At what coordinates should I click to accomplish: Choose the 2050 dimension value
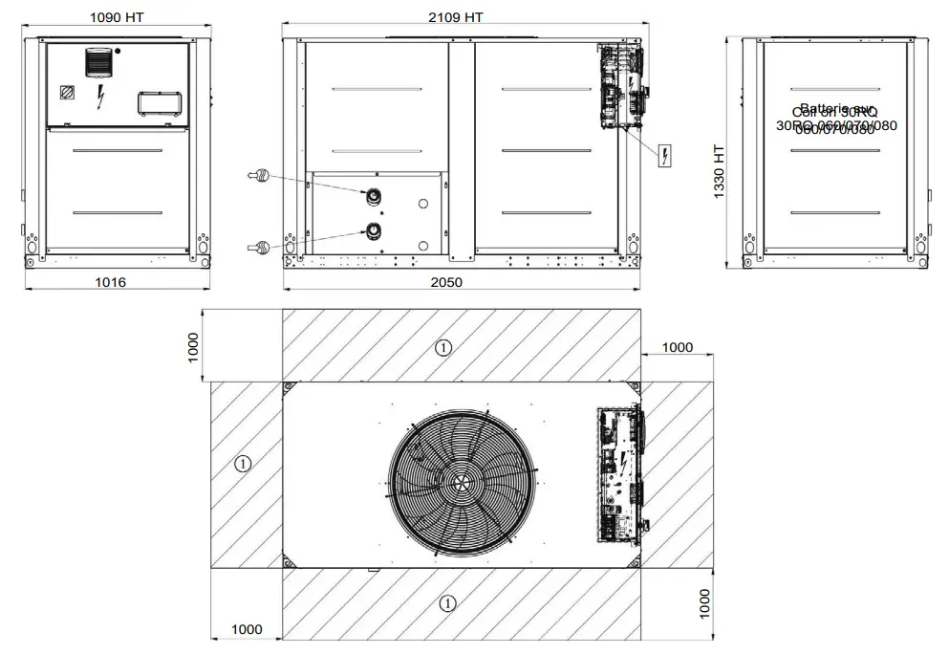pyautogui.click(x=445, y=282)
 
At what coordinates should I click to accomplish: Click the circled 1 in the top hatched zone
pyautogui.click(x=442, y=348)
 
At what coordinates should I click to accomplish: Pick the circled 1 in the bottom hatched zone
pyautogui.click(x=446, y=602)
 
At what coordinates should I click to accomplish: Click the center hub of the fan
pyautogui.click(x=463, y=482)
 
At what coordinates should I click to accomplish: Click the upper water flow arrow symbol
pyautogui.click(x=258, y=175)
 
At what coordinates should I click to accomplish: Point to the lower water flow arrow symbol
pyautogui.click(x=258, y=247)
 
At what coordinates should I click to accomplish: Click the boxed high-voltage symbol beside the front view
pyautogui.click(x=664, y=155)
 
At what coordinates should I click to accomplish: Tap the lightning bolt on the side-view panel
pyautogui.click(x=101, y=95)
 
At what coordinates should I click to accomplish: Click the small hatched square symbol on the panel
pyautogui.click(x=67, y=93)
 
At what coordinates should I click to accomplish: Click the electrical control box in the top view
pyautogui.click(x=620, y=474)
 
